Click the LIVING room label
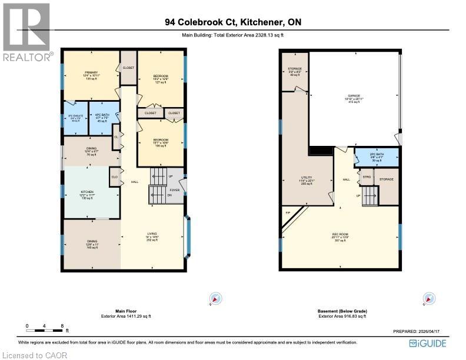click(152, 234)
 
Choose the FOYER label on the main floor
click(175, 190)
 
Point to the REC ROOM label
click(339, 234)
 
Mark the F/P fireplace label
click(288, 212)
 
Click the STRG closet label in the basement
click(367, 176)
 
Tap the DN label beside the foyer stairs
click(171, 195)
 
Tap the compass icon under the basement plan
click(428, 299)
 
